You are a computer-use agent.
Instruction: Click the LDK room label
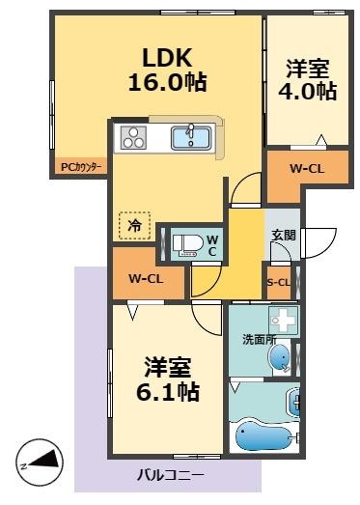coord(168,55)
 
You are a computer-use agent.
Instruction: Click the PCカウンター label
coord(78,166)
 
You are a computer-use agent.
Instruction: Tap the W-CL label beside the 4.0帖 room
coord(307,169)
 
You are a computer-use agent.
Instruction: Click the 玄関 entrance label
coord(283,234)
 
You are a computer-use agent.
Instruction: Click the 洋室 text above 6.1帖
coord(168,367)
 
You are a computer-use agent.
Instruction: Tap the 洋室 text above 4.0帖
coord(309,69)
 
